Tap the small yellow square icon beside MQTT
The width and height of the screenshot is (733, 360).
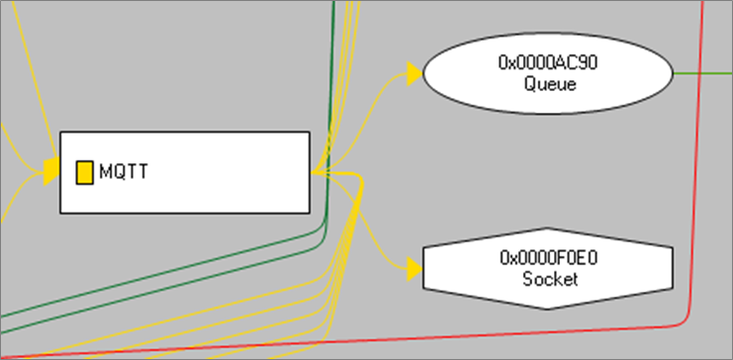coord(84,172)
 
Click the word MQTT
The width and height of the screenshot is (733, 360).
coord(124,172)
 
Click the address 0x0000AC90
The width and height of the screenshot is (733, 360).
coord(549,63)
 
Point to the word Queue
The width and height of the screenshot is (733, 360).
coord(549,83)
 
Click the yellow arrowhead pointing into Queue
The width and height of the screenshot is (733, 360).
coord(413,73)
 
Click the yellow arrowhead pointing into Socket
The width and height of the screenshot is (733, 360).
coord(413,267)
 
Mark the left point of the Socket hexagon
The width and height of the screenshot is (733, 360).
coord(424,268)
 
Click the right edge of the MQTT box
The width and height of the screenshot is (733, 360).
coord(310,172)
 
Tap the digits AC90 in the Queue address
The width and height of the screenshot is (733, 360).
coord(580,63)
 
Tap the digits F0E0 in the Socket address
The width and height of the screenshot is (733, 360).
coord(580,258)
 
